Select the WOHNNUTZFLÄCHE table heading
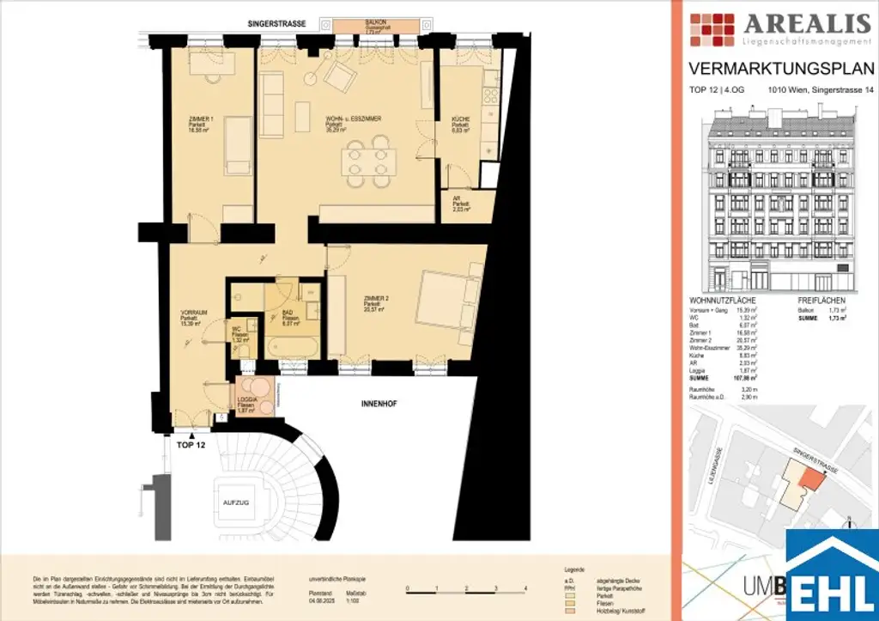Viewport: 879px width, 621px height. click(723, 301)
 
